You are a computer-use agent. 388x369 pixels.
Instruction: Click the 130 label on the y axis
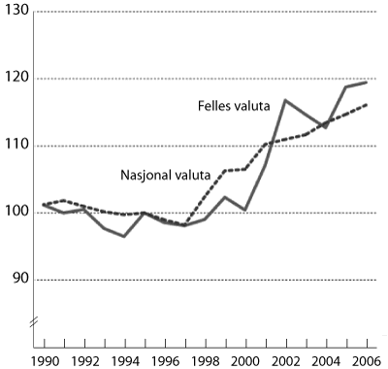(16, 12)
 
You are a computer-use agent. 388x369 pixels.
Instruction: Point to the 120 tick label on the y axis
(16, 79)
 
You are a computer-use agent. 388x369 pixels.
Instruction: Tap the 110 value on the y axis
(16, 146)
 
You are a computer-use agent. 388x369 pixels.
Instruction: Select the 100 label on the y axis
(16, 213)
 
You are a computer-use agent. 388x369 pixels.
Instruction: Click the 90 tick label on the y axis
(19, 280)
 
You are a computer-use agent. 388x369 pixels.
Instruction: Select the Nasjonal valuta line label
(161, 178)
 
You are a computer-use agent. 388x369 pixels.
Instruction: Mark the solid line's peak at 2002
(285, 100)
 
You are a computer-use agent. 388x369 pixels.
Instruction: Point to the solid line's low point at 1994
(124, 236)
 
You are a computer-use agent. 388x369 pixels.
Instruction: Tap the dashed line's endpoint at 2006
(366, 105)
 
